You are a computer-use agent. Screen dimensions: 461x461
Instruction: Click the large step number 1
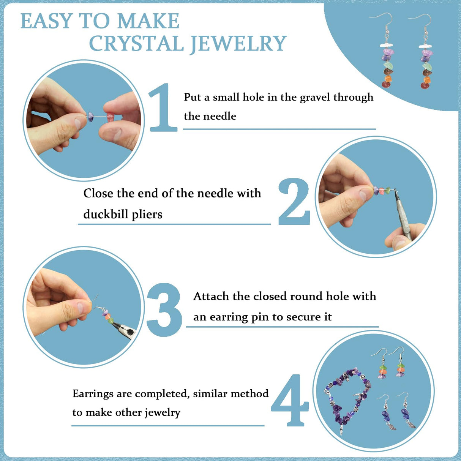pos(163,108)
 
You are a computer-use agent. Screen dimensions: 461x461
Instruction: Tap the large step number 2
pos(294,202)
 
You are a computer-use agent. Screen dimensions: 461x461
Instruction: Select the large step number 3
pos(164,309)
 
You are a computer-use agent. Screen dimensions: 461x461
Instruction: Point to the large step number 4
pos(289,400)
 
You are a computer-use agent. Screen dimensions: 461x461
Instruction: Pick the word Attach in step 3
pos(211,296)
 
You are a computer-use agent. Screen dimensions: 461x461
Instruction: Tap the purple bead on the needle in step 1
pos(91,116)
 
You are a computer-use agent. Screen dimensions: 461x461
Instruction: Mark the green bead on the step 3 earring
pos(111,320)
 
